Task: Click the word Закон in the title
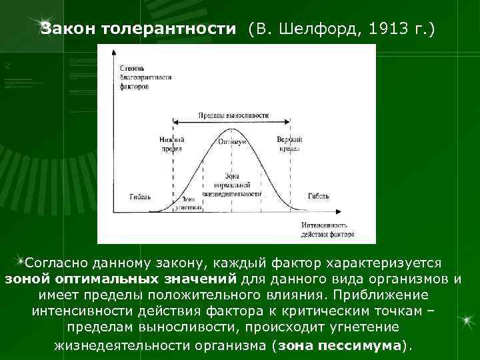pyautogui.click(x=68, y=29)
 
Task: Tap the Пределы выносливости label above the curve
pyautogui.click(x=233, y=115)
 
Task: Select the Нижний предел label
pyautogui.click(x=171, y=145)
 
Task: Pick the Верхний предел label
pyautogui.click(x=289, y=145)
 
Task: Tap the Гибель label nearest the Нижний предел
pyautogui.click(x=141, y=197)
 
